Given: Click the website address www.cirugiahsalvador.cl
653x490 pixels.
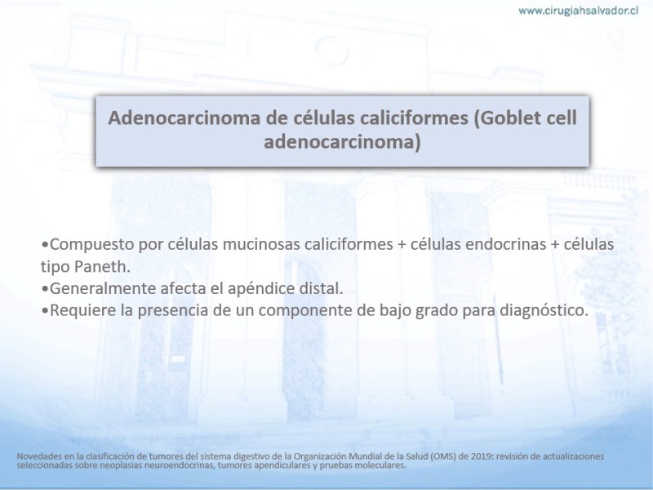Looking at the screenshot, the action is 578,11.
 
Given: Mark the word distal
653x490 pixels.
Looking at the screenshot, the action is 321,288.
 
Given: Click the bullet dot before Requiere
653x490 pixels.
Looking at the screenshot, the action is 45,311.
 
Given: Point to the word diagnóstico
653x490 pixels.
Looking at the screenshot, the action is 544,310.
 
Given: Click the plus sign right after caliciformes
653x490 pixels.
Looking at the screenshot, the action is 402,244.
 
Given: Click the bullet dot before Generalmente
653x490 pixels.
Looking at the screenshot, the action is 45,289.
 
